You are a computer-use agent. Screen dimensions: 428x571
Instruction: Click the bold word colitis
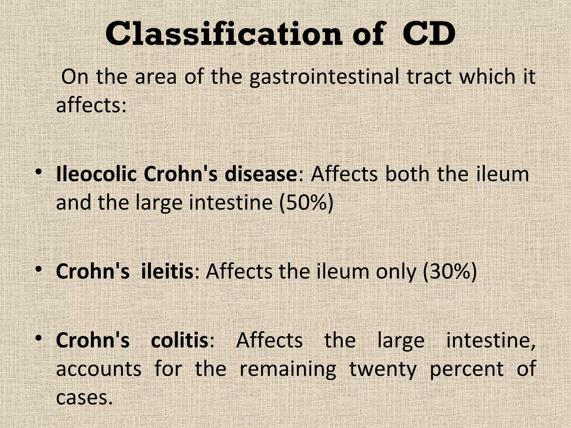180,340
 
